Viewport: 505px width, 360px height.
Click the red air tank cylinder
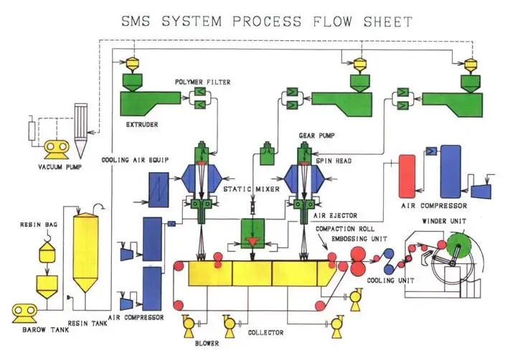pos(407,174)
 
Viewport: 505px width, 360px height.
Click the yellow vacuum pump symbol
pos(55,148)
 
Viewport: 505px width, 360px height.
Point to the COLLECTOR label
pos(267,333)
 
